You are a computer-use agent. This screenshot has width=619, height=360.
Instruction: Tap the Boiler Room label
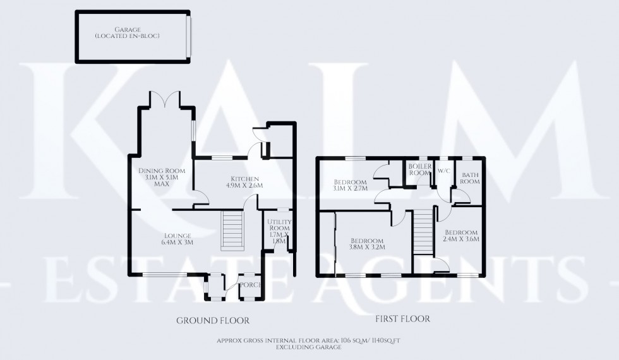pyautogui.click(x=419, y=169)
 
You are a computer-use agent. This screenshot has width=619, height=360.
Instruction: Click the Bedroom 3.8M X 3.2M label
pyautogui.click(x=366, y=244)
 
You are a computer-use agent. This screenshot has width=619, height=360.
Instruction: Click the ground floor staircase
pyautogui.click(x=232, y=230)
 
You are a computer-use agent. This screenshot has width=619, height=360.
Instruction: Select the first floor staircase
pyautogui.click(x=421, y=230)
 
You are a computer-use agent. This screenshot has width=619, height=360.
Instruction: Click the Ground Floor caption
pyautogui.click(x=212, y=320)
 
